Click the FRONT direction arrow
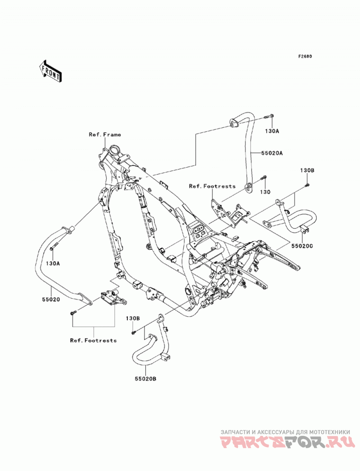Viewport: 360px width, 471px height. [50, 72]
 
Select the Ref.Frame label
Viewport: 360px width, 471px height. [105, 135]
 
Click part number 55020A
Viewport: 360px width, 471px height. [272, 153]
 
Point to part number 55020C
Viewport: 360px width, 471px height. [301, 246]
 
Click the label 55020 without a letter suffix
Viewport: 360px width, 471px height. [51, 299]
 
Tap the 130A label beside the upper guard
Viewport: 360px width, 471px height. [272, 131]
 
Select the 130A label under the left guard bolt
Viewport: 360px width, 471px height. [53, 264]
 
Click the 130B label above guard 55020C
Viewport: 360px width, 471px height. [307, 170]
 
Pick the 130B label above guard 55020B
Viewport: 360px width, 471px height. [133, 318]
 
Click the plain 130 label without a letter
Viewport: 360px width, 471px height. [265, 192]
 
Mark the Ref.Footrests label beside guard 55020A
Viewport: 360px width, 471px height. [212, 186]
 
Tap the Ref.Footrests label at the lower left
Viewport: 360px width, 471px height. [94, 341]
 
